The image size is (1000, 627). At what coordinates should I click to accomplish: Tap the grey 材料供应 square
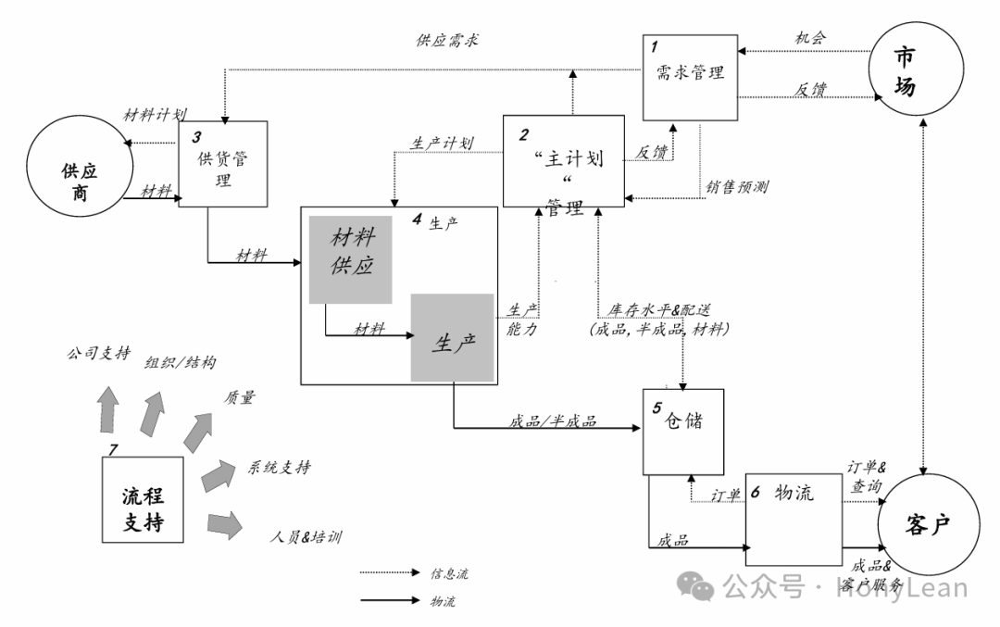(351, 258)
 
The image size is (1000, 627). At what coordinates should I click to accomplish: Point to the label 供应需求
(447, 41)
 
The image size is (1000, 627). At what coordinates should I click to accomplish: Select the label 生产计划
(442, 144)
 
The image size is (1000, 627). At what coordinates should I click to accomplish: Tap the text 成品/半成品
(553, 421)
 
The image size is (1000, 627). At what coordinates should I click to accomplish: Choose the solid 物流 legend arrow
(389, 601)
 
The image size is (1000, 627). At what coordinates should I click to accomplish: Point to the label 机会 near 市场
(810, 38)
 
